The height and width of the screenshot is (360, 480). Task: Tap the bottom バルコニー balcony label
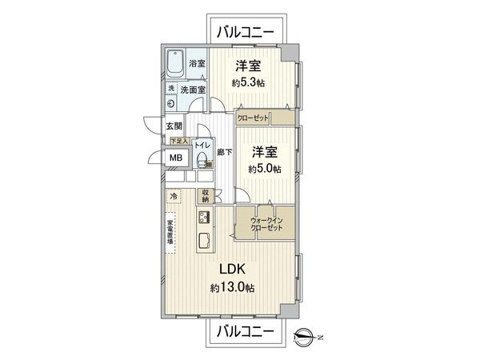246,330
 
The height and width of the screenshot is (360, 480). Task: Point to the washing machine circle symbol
172,102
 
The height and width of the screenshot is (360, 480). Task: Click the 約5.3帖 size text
249,82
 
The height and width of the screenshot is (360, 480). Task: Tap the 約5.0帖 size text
265,169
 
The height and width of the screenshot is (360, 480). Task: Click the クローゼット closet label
253,118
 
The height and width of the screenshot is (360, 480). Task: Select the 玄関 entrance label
174,126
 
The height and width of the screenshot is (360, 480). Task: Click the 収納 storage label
206,194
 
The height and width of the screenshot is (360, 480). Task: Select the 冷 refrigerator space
174,195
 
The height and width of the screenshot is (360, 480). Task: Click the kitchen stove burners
203,218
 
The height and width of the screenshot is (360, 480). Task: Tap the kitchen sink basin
203,240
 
